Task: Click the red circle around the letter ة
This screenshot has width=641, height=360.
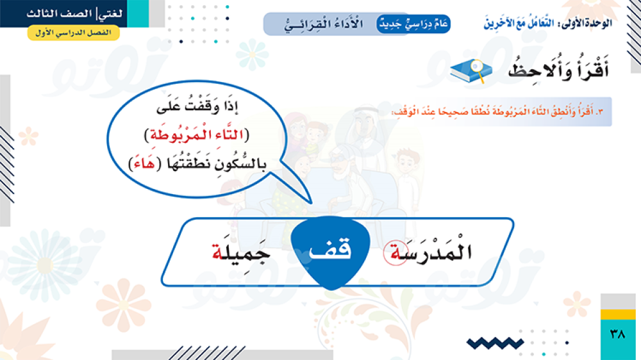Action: pyautogui.click(x=395, y=254)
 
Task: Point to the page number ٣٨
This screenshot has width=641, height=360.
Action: pyautogui.click(x=617, y=334)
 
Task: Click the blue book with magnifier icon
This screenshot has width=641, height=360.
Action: pyautogui.click(x=471, y=71)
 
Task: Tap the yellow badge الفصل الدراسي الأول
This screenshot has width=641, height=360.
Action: pyautogui.click(x=74, y=33)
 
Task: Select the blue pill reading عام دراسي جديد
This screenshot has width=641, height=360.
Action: pyautogui.click(x=413, y=24)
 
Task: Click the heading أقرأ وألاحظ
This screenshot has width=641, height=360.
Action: pyautogui.click(x=558, y=69)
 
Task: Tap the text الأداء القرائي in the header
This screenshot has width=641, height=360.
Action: pyautogui.click(x=323, y=24)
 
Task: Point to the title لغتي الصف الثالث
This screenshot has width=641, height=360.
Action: pyautogui.click(x=74, y=13)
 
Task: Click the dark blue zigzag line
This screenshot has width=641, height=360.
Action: pyautogui.click(x=495, y=343)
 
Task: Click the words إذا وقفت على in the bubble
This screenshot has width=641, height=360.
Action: pyautogui.click(x=197, y=106)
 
